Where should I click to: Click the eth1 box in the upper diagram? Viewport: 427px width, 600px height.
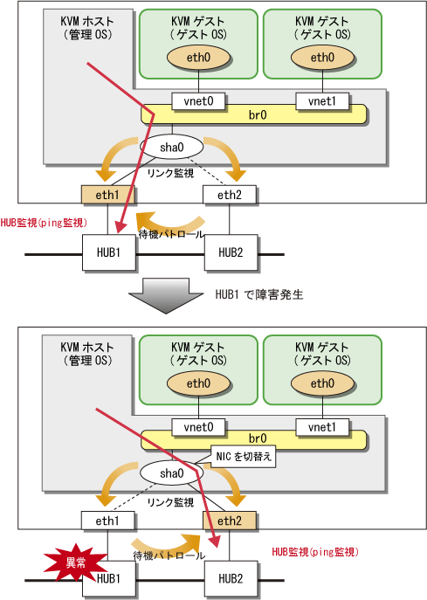(x=107, y=195)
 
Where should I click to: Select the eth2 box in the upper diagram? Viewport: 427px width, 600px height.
(x=229, y=195)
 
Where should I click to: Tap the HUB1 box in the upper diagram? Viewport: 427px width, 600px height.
(x=108, y=252)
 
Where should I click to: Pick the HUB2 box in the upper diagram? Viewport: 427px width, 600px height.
(x=231, y=252)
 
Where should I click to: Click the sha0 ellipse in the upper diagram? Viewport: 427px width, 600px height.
(x=172, y=148)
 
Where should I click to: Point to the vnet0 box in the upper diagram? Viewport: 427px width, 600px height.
(x=198, y=101)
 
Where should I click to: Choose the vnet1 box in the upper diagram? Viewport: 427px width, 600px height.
(x=322, y=101)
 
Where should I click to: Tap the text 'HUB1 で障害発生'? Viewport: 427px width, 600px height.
(x=259, y=294)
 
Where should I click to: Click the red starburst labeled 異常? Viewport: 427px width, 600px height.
(x=74, y=563)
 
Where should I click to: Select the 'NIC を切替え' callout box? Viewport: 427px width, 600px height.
(x=244, y=457)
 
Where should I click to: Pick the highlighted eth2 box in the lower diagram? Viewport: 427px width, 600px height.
(x=229, y=521)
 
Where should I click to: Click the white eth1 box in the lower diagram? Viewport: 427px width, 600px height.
(x=107, y=521)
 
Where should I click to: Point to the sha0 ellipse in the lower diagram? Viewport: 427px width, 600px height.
(x=172, y=473)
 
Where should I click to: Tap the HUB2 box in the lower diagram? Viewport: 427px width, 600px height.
(x=231, y=578)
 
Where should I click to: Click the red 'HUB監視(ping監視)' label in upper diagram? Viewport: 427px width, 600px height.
(x=44, y=223)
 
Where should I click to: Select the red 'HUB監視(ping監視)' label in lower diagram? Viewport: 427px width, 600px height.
(x=315, y=552)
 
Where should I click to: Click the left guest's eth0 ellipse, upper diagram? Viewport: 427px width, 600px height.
(x=198, y=58)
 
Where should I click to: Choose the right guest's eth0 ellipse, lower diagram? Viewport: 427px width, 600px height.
(x=322, y=383)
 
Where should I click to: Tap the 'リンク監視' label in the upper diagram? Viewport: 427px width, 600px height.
(x=170, y=173)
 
